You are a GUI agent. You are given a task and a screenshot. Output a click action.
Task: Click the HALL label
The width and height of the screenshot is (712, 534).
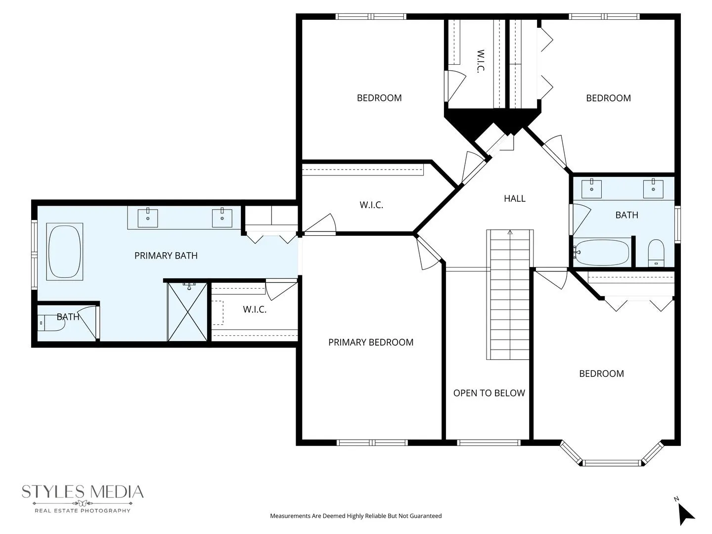[514, 198]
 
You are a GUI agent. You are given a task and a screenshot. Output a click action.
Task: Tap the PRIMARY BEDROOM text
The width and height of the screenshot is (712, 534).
[371, 342]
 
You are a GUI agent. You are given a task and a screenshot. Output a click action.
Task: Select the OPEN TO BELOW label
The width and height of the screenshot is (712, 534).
[489, 393]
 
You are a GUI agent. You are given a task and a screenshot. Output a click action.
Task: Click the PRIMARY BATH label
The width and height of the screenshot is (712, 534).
[166, 256]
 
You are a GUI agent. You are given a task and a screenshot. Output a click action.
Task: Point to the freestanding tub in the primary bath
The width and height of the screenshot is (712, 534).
[65, 252]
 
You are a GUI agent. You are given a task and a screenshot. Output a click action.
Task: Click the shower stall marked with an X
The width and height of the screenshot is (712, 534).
[187, 311]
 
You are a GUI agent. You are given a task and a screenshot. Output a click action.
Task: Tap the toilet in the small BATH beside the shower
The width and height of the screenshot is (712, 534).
[52, 323]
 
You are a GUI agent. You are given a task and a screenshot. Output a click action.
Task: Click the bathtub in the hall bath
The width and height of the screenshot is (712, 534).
[602, 252]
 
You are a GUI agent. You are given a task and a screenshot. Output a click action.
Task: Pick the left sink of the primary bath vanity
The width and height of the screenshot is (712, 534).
[147, 218]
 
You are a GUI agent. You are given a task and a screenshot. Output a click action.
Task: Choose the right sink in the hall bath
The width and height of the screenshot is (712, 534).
[653, 188]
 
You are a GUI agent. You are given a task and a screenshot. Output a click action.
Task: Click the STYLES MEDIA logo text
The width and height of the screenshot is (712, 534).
[83, 492]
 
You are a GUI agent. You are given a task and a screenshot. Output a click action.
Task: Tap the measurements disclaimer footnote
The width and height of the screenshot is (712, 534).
[356, 516]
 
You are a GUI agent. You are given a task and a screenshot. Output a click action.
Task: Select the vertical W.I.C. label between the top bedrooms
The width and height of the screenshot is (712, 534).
[481, 61]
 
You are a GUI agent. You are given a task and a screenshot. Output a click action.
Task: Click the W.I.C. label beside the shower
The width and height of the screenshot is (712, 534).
[255, 310]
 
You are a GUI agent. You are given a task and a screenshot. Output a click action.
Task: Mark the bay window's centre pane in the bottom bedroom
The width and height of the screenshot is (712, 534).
[612, 463]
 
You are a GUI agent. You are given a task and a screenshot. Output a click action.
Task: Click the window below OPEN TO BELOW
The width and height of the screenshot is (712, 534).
[489, 443]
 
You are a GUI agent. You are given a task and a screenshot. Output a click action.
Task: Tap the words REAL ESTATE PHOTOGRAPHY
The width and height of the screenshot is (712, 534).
[83, 511]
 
